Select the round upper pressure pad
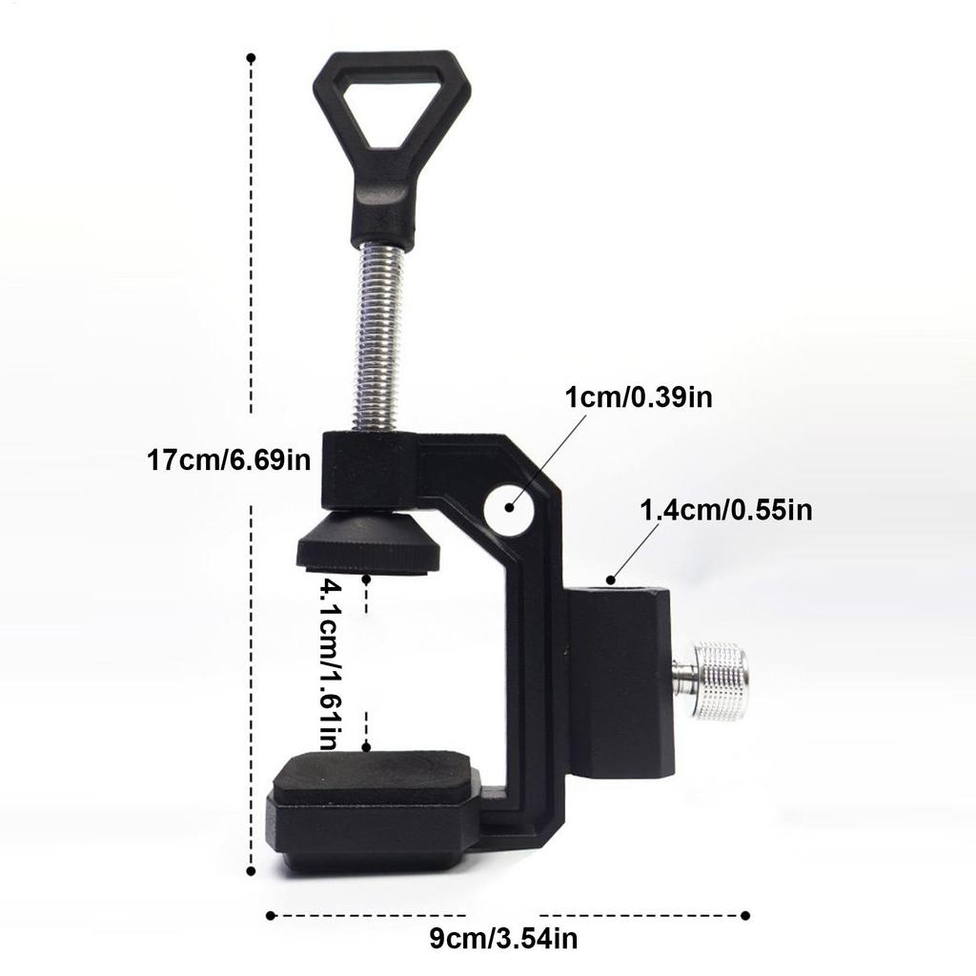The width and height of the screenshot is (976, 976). coord(368,544)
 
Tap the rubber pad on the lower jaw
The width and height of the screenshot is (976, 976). coord(375,776)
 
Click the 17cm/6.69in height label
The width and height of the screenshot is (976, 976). coord(230,460)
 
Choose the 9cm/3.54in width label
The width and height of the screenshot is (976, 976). coord(502,939)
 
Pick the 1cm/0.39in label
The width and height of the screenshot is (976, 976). coord(639,396)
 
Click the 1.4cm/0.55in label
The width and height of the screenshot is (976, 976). coord(725,510)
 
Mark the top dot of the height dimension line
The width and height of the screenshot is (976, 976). coord(251,58)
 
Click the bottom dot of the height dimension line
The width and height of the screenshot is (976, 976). coord(251,869)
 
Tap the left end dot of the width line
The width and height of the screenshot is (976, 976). coord(271,916)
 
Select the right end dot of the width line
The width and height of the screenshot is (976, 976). coord(745,916)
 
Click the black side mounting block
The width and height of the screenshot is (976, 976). coord(619,681)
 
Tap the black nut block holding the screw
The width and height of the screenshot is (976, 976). coord(368,469)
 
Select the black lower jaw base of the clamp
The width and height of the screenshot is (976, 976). coord(372,829)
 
